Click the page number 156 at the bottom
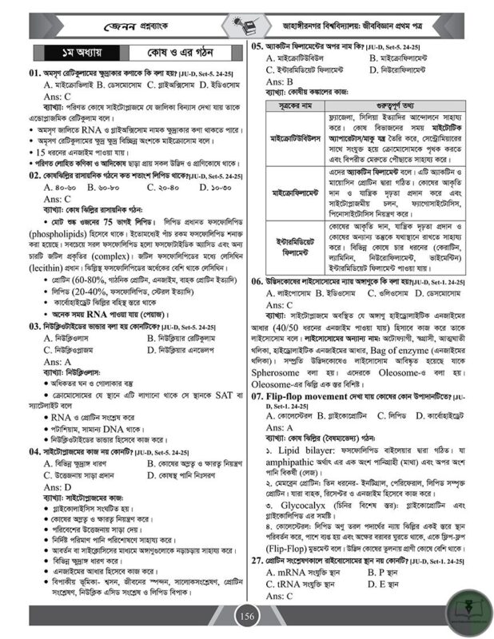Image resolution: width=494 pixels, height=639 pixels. point(247,617)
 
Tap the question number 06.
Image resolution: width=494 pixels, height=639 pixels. point(257,281)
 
